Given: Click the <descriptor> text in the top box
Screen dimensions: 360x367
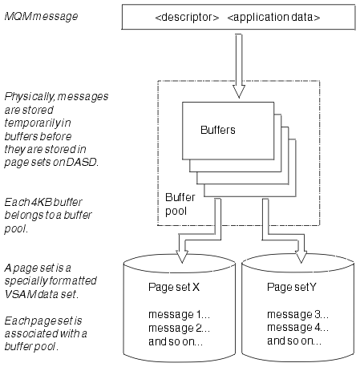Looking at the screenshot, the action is point(187,18).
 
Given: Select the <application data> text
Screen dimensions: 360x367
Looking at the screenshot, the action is point(273,18).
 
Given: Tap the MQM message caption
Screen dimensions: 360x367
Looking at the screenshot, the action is point(41,17).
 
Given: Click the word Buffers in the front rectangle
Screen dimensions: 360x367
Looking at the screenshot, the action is point(218,130).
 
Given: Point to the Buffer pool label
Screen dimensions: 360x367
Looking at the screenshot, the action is point(180,204).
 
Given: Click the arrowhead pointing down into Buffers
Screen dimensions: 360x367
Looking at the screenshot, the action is point(239,91).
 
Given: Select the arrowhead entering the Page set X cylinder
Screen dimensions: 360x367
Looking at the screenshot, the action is point(182,256).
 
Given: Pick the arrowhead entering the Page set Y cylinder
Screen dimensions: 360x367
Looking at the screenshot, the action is point(301,256).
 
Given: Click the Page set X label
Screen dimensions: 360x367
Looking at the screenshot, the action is point(174,288).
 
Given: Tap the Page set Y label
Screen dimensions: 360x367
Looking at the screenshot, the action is point(292,288).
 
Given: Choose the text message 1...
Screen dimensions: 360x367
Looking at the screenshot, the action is point(179,315).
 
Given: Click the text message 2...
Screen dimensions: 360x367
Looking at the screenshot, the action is point(179,328).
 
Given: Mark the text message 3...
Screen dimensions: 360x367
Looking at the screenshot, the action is point(297,315).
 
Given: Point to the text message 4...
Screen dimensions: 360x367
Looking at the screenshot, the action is point(297,328).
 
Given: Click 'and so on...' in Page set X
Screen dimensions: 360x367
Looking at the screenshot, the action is point(176,341).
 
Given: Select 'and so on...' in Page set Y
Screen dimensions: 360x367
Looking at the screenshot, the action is point(294,341).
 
